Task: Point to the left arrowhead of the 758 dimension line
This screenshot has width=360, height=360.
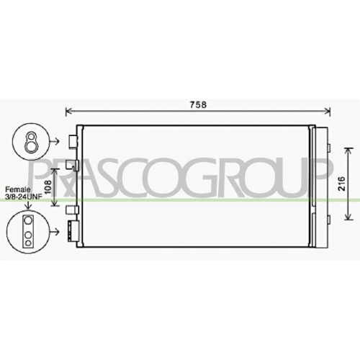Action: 68,111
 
